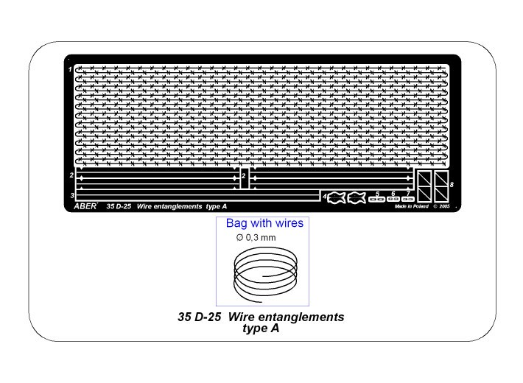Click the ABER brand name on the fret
[85, 206]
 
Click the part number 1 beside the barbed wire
[70, 69]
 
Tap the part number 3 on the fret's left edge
[72, 195]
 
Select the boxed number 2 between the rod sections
[244, 176]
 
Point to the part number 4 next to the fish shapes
[324, 197]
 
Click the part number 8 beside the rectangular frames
[452, 184]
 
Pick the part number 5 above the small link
[377, 194]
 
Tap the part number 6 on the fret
[393, 194]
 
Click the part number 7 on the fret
[408, 194]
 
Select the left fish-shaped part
[336, 197]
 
